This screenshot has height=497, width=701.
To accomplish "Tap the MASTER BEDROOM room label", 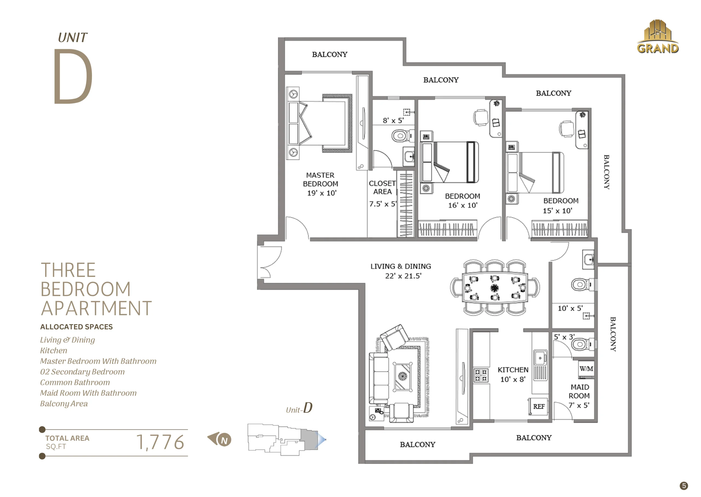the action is [320, 179].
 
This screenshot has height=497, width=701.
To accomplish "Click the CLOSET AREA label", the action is [382, 187].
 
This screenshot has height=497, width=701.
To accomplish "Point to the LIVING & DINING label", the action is [400, 266].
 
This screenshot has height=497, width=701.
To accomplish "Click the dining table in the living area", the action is [495, 288].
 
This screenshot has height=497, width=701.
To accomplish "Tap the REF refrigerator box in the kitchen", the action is [538, 406].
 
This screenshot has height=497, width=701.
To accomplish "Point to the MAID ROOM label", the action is [579, 391].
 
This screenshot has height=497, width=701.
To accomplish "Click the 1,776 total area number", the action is [160, 442].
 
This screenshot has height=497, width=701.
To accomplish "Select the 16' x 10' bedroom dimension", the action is [462, 205].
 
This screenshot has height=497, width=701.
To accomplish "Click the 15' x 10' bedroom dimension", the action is [557, 211].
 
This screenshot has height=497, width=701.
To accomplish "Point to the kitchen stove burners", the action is [481, 375].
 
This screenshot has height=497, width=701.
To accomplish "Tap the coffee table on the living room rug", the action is [402, 376].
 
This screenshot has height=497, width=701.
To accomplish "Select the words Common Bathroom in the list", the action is [75, 382].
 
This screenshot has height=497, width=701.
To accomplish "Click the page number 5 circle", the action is [683, 486].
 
